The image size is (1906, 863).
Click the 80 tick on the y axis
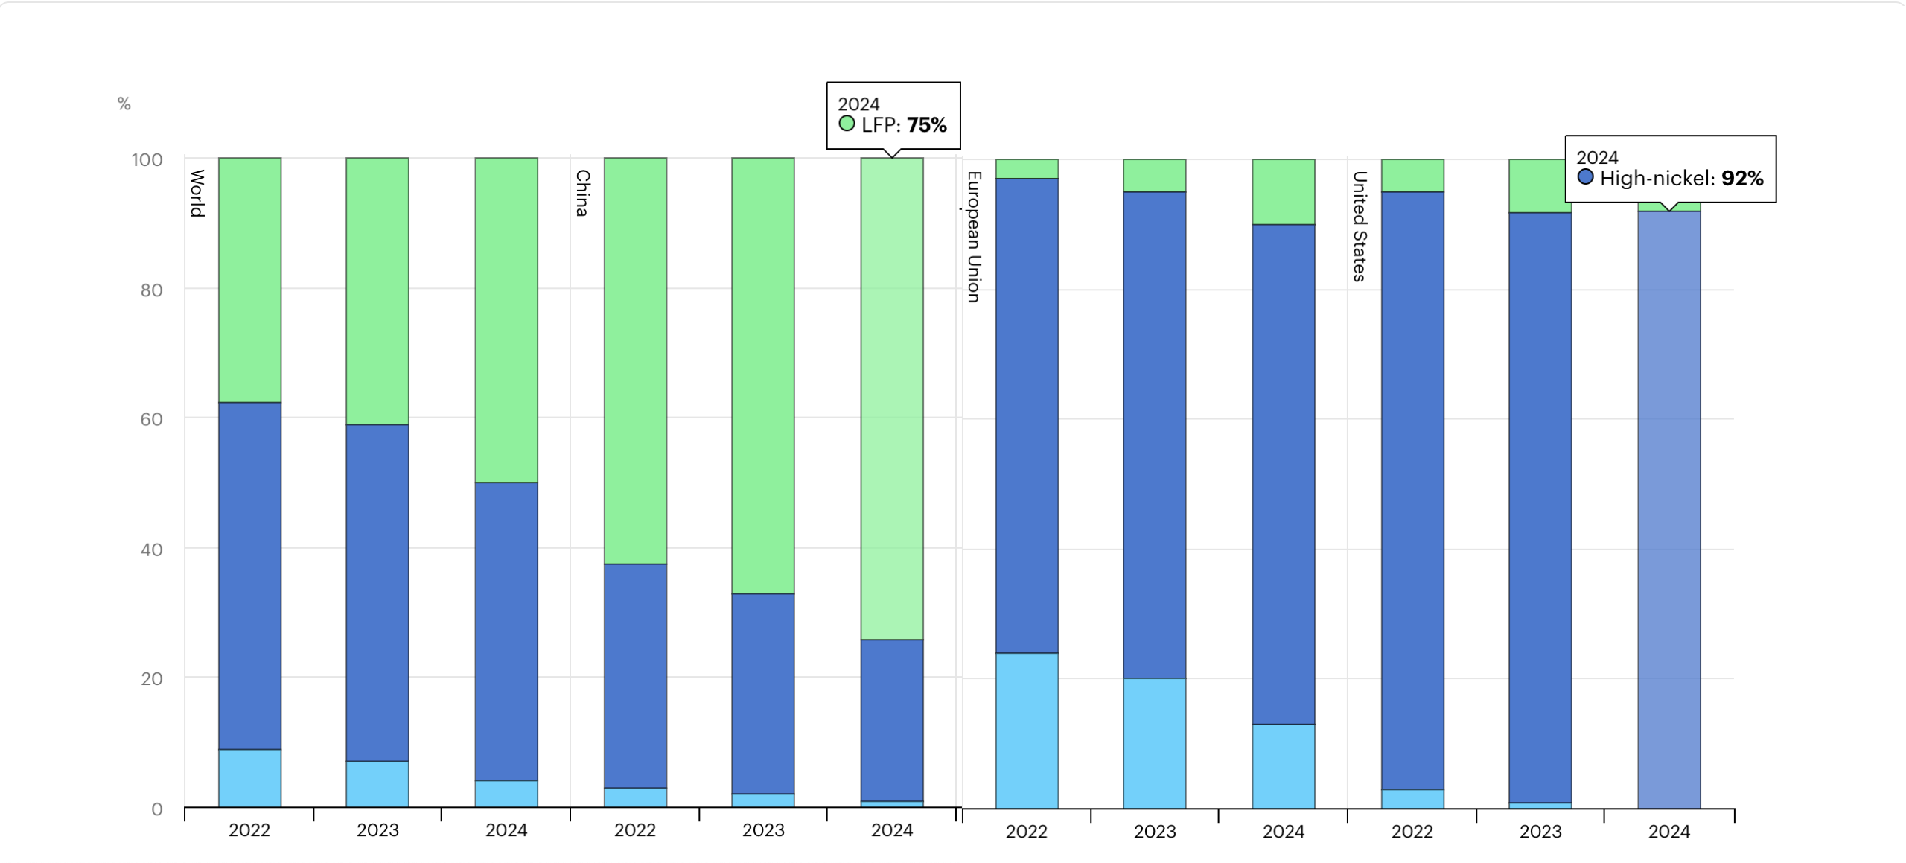(151, 290)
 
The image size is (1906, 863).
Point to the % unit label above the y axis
(124, 104)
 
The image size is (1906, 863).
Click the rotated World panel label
(197, 193)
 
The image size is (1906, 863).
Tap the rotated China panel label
(582, 193)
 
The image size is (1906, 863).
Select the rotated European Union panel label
(974, 237)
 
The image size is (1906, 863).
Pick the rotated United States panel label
(1360, 226)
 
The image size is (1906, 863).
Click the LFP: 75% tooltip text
(904, 125)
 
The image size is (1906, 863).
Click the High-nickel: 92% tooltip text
(1681, 179)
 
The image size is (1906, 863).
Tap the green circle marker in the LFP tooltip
(847, 124)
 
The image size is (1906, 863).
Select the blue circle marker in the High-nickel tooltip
(1585, 177)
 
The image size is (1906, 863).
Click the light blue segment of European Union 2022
(1027, 730)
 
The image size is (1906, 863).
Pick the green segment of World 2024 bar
(506, 320)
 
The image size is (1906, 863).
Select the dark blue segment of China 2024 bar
(892, 719)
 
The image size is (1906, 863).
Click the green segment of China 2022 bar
(635, 360)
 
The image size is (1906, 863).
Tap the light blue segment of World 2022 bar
(249, 778)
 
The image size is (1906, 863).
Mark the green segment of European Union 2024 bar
(1284, 191)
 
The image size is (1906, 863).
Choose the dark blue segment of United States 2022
(1412, 490)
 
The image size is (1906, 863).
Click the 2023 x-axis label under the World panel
(377, 830)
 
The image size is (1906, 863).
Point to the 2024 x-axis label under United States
(1669, 832)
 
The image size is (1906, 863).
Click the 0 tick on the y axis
(156, 809)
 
